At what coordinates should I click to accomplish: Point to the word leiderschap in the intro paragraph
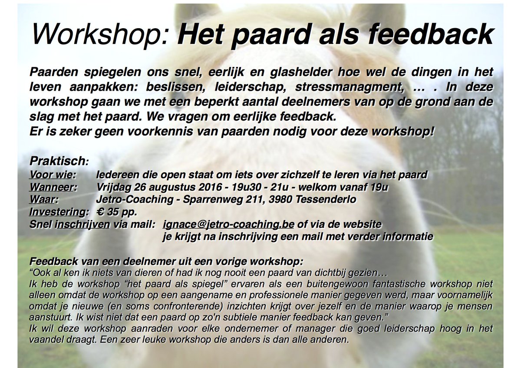(250, 87)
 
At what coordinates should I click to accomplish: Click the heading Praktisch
(58, 161)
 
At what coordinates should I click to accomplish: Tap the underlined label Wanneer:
(53, 187)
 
